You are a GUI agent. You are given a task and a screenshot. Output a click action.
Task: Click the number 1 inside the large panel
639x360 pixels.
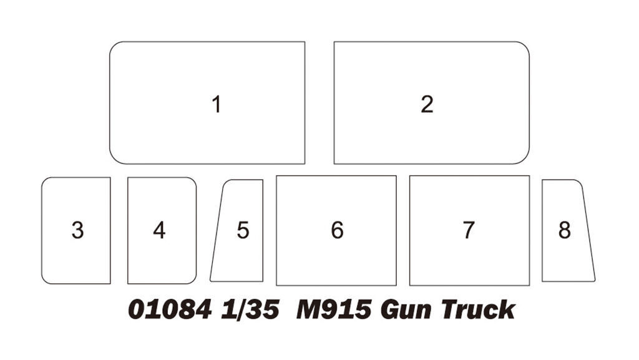(x=217, y=104)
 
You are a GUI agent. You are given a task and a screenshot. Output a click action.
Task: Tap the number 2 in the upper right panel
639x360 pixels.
(x=427, y=104)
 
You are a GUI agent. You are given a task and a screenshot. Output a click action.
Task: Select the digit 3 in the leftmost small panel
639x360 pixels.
(x=77, y=230)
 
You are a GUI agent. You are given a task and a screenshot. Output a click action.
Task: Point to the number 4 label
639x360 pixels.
(x=159, y=230)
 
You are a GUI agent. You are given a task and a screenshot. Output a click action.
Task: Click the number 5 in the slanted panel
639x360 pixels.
(x=243, y=230)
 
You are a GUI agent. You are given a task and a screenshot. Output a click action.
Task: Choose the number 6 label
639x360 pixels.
(x=337, y=230)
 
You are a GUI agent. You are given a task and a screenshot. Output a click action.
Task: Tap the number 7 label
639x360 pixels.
(x=469, y=230)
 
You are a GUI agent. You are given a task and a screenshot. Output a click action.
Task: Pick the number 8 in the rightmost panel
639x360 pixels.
(x=564, y=230)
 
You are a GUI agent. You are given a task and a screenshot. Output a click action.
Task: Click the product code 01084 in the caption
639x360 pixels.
(x=170, y=309)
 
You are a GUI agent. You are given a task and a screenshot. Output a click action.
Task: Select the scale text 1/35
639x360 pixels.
(x=250, y=309)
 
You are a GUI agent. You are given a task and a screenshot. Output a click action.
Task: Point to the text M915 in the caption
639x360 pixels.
(x=334, y=309)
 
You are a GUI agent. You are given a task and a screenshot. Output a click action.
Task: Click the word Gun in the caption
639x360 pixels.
(x=406, y=310)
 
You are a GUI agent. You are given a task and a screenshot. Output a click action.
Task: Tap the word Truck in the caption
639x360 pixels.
(x=478, y=309)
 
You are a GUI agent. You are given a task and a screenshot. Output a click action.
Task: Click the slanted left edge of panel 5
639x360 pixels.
(x=217, y=230)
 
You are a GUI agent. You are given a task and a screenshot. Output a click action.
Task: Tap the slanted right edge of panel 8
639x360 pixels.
(x=588, y=230)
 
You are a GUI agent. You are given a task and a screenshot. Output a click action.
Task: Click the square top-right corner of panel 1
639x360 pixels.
(x=305, y=42)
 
